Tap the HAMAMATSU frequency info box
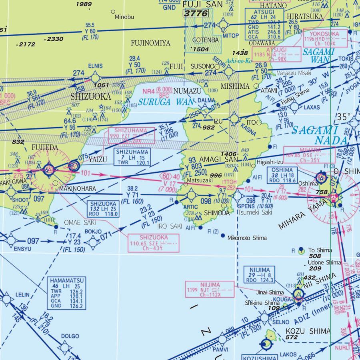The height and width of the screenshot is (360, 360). point(66,293)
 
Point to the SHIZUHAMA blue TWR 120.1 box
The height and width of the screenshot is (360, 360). point(132,157)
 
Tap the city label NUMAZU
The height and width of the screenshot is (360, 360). point(187,91)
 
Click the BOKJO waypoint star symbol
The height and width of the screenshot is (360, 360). point(93,242)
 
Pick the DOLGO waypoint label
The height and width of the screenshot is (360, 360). point(70,336)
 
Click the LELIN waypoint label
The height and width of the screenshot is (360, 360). point(22,295)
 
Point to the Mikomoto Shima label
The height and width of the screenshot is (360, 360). point(247,238)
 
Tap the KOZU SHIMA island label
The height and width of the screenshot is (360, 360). point(308,331)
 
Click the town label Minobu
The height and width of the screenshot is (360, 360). point(124,17)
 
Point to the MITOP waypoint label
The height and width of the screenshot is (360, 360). point(230,36)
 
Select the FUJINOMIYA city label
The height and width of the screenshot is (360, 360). point(150,43)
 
